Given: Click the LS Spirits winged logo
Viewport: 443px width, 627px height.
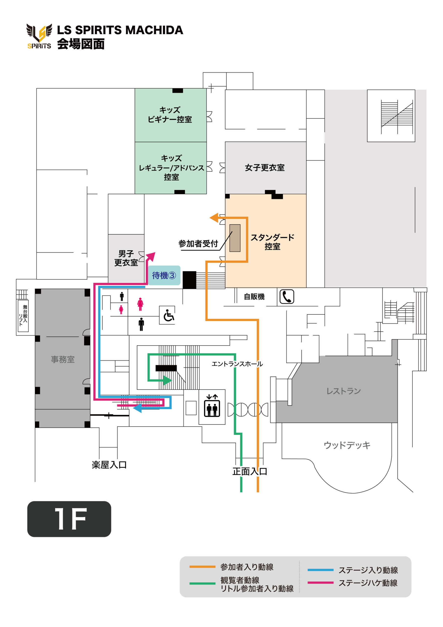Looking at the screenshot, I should click(39, 36).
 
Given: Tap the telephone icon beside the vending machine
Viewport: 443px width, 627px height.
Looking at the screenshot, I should click(287, 297).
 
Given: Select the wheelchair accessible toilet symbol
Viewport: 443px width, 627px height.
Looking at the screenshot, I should click(168, 315).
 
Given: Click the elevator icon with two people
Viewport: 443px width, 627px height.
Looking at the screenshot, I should click(212, 406).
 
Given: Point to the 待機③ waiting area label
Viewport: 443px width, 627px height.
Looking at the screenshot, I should click(164, 275).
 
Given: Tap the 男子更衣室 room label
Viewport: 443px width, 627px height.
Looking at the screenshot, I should click(126, 258).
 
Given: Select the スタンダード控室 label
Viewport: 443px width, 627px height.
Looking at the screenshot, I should click(272, 242).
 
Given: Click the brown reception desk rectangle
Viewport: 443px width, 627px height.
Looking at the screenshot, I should click(235, 238).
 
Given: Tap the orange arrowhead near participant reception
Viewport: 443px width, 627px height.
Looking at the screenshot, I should click(214, 218).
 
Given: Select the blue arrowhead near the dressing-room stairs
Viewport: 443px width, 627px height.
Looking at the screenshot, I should click(137, 408).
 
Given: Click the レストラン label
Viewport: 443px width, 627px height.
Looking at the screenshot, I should click(343, 391).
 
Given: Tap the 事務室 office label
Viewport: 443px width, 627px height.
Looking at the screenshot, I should click(62, 359).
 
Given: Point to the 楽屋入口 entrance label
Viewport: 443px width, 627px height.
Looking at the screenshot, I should click(109, 465).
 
